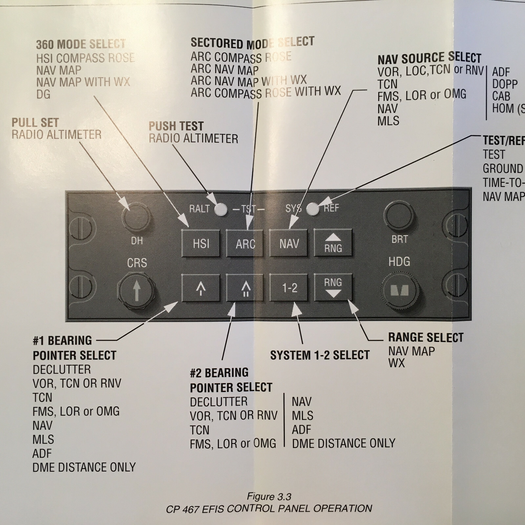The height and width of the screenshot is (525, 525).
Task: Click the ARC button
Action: [245, 243]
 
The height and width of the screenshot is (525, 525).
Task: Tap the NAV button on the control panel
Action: [289, 243]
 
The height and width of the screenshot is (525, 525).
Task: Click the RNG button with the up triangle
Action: [333, 243]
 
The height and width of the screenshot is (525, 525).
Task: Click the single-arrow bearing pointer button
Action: [201, 288]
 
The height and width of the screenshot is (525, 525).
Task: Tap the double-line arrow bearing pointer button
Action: [245, 288]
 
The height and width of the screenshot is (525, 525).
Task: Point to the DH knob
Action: [136, 216]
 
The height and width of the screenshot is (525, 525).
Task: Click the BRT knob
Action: [399, 216]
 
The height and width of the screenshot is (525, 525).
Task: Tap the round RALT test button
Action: [221, 209]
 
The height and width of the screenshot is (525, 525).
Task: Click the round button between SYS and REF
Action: [313, 208]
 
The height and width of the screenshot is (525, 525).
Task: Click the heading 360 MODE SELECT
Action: [81, 44]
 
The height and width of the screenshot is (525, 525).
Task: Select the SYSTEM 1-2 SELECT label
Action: [320, 355]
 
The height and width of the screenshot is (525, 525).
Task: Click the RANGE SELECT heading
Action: [426, 337]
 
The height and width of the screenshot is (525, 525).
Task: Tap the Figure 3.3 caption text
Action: [269, 496]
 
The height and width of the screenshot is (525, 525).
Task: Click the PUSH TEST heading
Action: [176, 126]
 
